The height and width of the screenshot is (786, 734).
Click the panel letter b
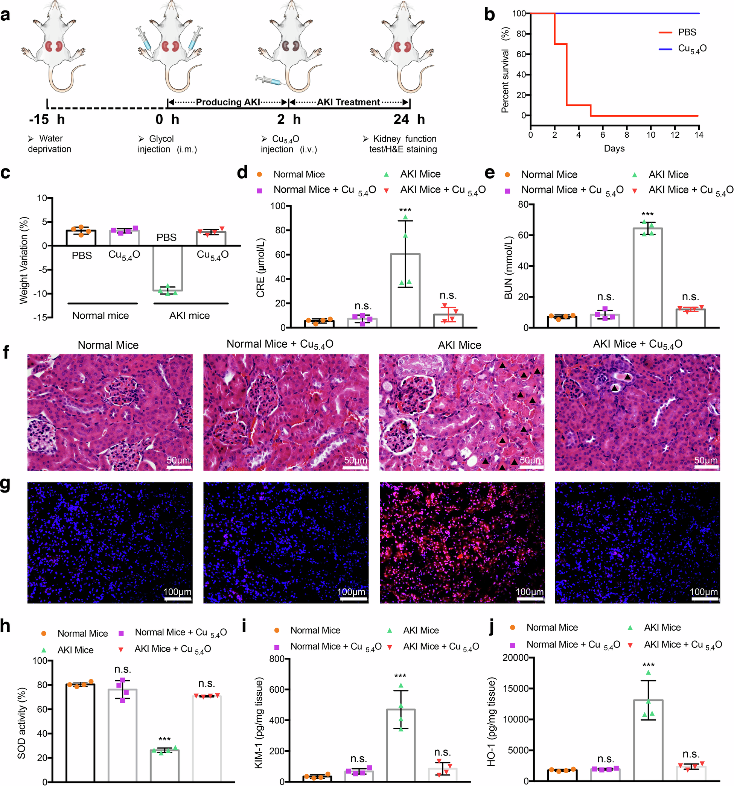click(490, 15)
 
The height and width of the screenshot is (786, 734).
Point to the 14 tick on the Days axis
click(699, 135)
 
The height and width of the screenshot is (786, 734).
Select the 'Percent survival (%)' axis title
click(506, 70)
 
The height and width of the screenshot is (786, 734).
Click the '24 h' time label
click(409, 119)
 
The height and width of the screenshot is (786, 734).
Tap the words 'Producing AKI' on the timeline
click(228, 102)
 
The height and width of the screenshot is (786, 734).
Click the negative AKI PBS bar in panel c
click(168, 269)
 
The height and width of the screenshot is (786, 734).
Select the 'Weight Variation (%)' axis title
click(24, 260)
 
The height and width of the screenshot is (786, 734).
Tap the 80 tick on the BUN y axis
click(524, 204)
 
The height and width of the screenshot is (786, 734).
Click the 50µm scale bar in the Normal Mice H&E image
click(178, 467)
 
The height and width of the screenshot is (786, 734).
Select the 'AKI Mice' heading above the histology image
click(460, 345)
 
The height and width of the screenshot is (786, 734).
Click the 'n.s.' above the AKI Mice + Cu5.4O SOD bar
click(206, 684)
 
